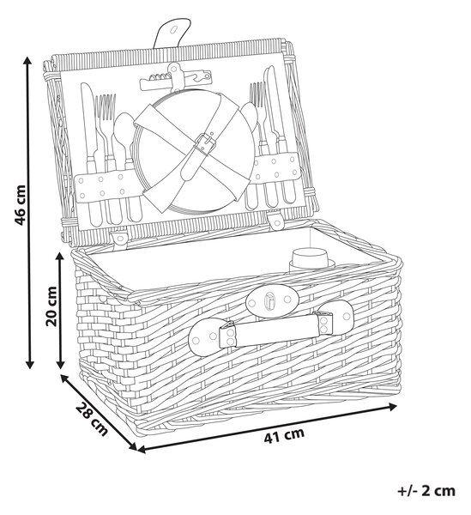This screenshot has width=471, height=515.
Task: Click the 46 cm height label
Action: pyautogui.click(x=20, y=205)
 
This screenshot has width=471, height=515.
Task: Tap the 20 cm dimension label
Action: pyautogui.click(x=51, y=306)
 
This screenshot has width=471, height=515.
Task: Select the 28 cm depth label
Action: pyautogui.click(x=92, y=418)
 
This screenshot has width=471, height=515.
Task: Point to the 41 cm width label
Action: pyautogui.click(x=284, y=435)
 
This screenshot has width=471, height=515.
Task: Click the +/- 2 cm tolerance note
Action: pyautogui.click(x=426, y=491)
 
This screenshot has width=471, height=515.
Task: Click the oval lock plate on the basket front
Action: pyautogui.click(x=272, y=300)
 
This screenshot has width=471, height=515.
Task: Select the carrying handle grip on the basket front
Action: pyautogui.click(x=275, y=330)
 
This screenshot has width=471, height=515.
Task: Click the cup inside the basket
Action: pyautogui.click(x=310, y=259)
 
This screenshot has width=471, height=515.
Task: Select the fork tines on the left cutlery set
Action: pyautogui.click(x=105, y=107)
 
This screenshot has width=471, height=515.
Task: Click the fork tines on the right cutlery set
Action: pyautogui.click(x=257, y=94)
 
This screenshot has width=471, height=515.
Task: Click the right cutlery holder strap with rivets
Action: pyautogui.click(x=275, y=168)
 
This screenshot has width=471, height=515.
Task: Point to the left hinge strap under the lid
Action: pyautogui.click(x=120, y=238)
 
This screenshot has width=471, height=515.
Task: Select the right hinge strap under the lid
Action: pyautogui.click(x=276, y=221)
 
